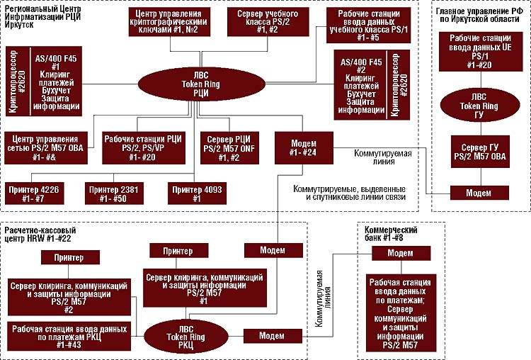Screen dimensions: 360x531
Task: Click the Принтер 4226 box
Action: tap(39, 191)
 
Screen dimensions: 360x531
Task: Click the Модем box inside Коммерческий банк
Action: tap(401, 253)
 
